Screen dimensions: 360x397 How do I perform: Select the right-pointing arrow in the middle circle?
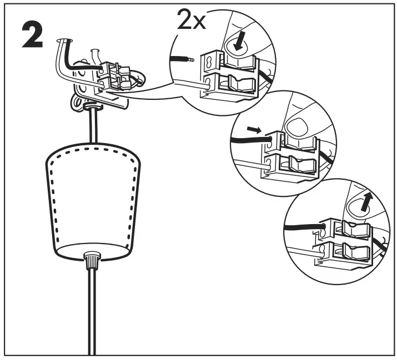coord(252,129)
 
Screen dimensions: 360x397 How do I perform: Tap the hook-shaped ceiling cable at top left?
coord(62,53)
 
